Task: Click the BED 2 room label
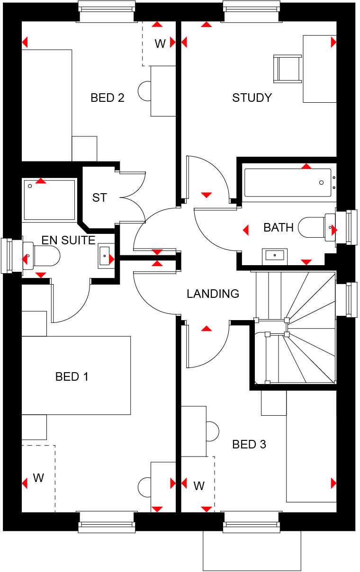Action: click(x=108, y=98)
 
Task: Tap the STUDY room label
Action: click(x=252, y=98)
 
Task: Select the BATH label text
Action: click(x=279, y=228)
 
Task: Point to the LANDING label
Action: click(x=213, y=294)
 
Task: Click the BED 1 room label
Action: click(x=72, y=377)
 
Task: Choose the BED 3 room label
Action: click(x=249, y=444)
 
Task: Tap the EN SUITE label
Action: click(x=68, y=240)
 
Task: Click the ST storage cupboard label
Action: click(x=99, y=197)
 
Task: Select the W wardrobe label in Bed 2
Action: click(x=160, y=44)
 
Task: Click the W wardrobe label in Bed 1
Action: click(x=38, y=478)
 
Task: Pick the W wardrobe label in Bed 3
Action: click(x=199, y=485)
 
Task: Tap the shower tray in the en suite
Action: click(x=49, y=200)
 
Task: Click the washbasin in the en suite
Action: click(x=105, y=256)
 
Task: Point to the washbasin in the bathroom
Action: click(x=274, y=256)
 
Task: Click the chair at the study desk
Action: click(x=288, y=69)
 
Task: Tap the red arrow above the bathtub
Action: click(x=306, y=166)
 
